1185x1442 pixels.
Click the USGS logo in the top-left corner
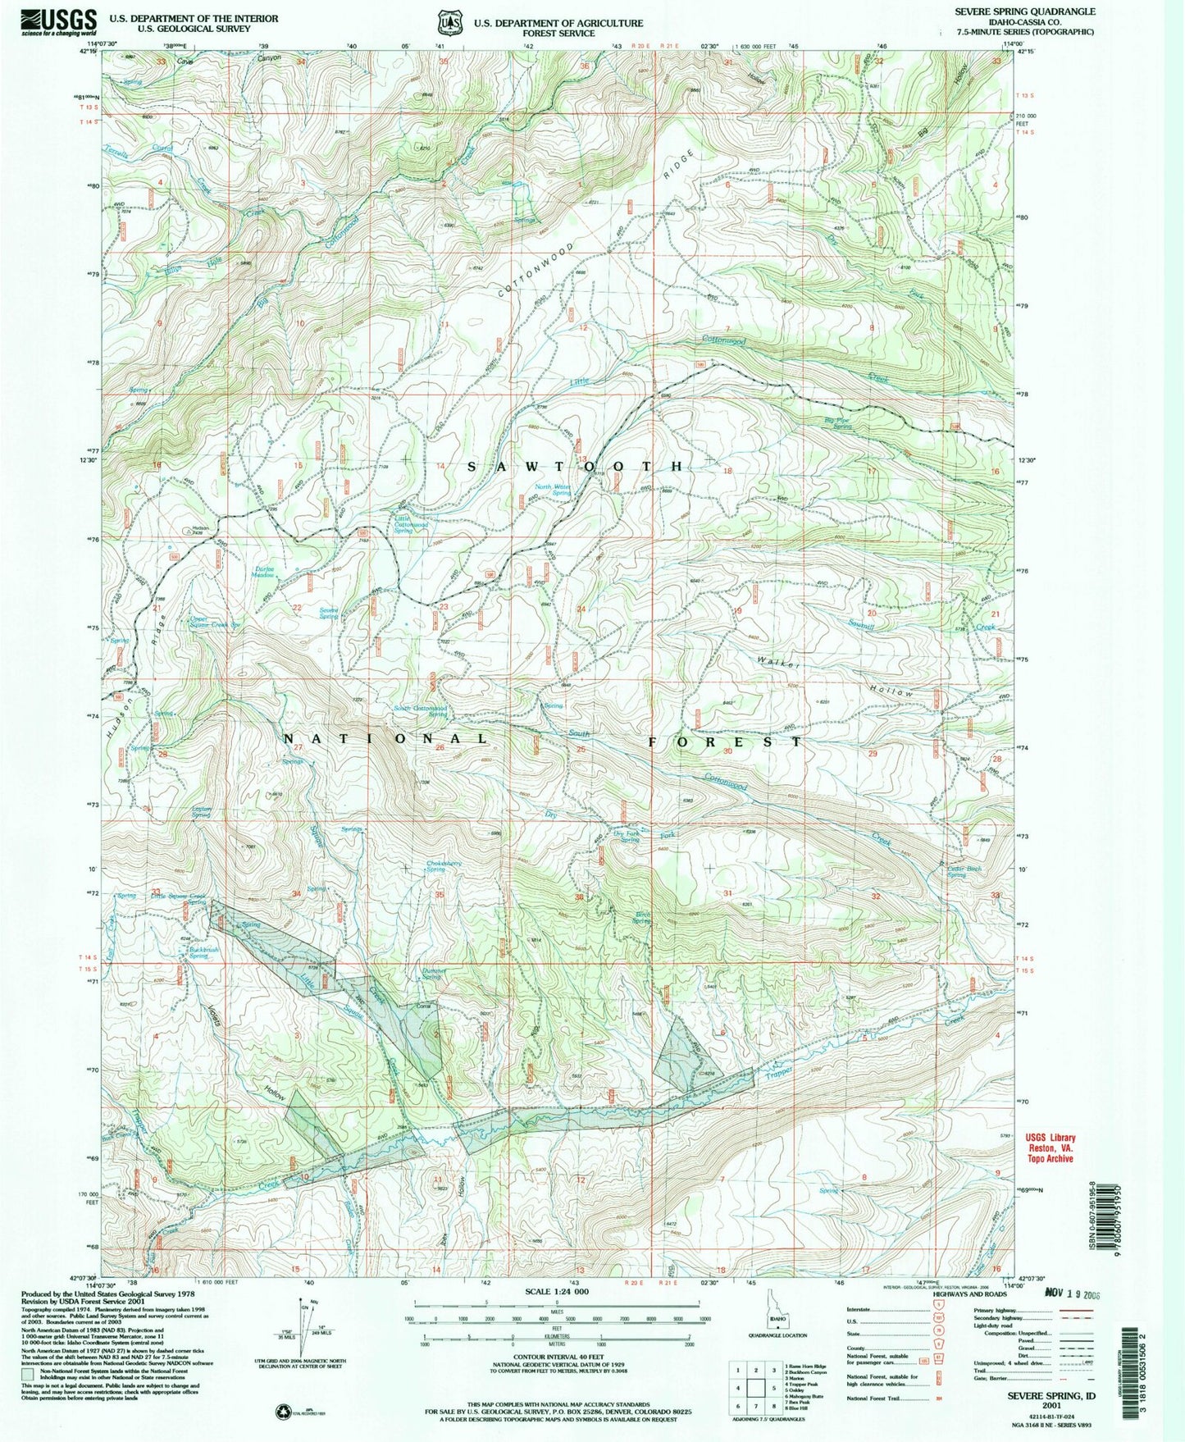tap(58, 20)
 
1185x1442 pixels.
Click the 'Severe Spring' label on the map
tap(329, 612)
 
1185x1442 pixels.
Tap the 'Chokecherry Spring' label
tap(447, 865)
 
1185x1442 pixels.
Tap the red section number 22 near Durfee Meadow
tap(297, 607)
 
